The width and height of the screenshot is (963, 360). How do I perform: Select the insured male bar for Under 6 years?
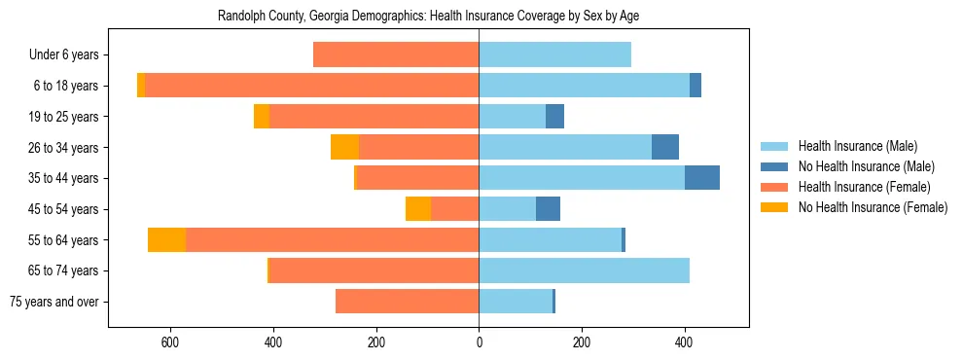coord(554,55)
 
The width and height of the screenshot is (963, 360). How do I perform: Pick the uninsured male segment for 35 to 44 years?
coord(702,178)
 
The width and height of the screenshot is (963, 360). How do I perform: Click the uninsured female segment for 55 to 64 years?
coord(167,240)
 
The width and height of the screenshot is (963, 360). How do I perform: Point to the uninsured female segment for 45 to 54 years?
coord(418,209)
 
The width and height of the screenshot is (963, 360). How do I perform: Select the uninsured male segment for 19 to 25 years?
coord(554,117)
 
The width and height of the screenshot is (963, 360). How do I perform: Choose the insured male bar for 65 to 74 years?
coord(584,270)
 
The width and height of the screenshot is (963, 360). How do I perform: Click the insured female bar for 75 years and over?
coord(407,302)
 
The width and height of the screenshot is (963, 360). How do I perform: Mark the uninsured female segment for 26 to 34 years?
coord(344,147)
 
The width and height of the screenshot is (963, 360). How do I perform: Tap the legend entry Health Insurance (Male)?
coord(857,146)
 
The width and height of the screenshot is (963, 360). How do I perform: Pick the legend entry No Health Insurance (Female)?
coord(873,207)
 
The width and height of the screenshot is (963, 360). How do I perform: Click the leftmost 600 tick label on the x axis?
coord(170,342)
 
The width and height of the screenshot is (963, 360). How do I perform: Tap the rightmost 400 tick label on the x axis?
coord(684,342)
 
